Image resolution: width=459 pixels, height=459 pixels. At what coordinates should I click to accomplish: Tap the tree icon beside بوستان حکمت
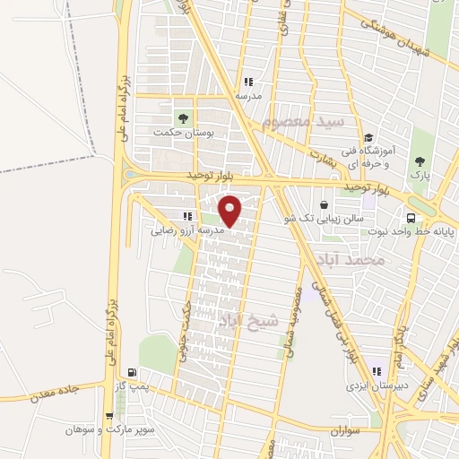pos(183,117)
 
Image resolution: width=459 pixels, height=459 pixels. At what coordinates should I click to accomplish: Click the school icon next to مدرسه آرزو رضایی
pos(187,216)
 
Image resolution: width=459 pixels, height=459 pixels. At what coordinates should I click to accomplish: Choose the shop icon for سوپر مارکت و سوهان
pos(109,416)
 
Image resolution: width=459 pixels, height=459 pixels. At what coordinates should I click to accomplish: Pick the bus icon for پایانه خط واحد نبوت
pos(411,217)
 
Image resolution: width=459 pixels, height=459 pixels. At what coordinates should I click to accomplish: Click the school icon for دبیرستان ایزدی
pos(377,371)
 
